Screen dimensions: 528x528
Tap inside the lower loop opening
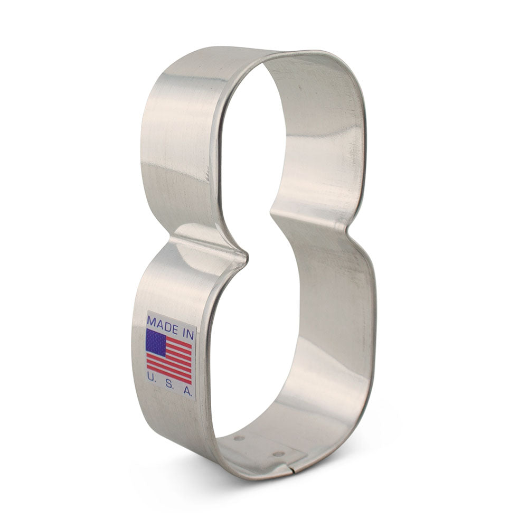(264, 343)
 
